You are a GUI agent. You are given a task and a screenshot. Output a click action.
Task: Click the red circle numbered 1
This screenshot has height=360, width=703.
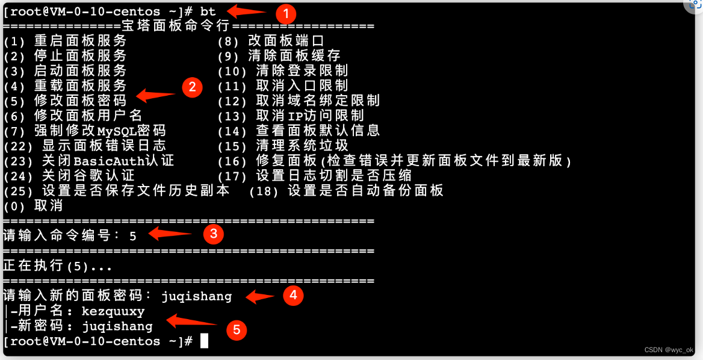click(286, 13)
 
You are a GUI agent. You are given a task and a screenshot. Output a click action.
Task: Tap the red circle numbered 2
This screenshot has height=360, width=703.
click(192, 87)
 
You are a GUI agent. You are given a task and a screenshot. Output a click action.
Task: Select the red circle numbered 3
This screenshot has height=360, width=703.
click(214, 234)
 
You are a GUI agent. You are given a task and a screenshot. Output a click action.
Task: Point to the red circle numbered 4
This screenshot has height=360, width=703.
click(293, 295)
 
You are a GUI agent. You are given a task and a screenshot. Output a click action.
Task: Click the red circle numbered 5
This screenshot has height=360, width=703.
click(237, 329)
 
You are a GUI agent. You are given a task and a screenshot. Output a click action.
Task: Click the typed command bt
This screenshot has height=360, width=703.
click(208, 11)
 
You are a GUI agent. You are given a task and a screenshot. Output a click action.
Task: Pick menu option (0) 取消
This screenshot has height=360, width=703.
click(33, 206)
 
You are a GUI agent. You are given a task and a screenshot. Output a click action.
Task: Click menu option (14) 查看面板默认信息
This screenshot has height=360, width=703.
click(299, 131)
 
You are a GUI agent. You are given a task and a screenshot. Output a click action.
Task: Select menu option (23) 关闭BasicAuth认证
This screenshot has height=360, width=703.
click(88, 161)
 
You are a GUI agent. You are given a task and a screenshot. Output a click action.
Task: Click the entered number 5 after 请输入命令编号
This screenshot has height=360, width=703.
click(133, 236)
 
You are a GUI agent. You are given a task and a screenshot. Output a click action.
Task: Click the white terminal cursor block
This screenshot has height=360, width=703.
click(204, 341)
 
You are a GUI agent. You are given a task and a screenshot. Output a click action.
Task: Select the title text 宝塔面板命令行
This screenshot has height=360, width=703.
click(176, 26)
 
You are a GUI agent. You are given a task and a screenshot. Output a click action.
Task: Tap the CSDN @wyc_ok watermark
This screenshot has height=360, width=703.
click(668, 350)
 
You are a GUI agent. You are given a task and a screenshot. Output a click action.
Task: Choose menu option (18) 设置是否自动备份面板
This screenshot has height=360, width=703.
click(347, 191)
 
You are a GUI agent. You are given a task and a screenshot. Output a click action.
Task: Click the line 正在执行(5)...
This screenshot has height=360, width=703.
click(58, 266)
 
